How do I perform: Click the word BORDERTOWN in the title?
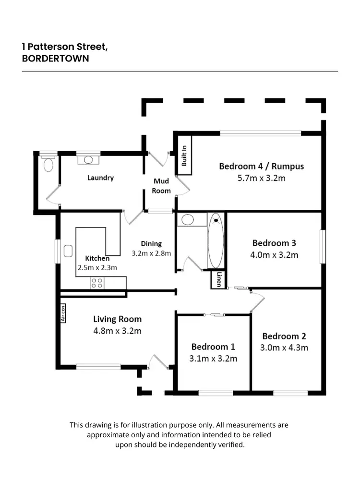pos(56,59)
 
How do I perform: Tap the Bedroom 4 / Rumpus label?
pos(261,167)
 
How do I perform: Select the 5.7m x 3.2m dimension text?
pos(261,178)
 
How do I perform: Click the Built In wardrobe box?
pos(185,155)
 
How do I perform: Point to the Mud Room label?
pos(161,186)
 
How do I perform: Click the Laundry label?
pos(100,178)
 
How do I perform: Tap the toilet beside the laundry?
pos(48,165)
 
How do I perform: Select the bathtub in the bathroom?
pos(216,240)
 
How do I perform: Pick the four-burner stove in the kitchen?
pos(96,283)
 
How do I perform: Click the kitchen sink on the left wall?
pos(68,251)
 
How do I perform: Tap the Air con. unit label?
pos(62,312)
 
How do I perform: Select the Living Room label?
pos(117,319)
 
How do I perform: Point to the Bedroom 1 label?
pos(213,347)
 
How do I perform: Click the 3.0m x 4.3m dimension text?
pos(285,348)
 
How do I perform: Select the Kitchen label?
pos(97,259)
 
